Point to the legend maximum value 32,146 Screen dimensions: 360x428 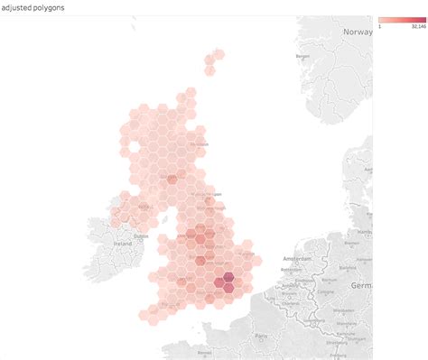[x=417, y=26]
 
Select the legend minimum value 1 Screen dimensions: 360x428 [x=380, y=26]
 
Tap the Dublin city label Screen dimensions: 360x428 [x=141, y=236]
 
